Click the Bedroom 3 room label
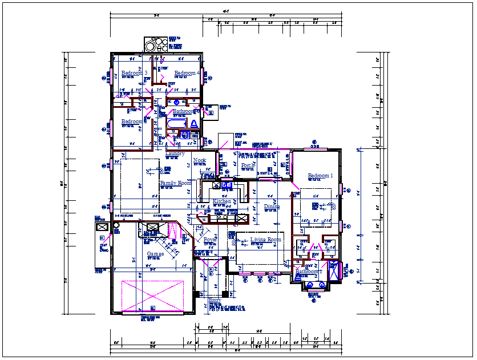tap(135, 73)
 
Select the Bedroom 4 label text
tap(187, 73)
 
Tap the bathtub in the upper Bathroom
tap(177, 123)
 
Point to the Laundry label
tap(175, 153)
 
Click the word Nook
tap(200, 160)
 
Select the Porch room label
tap(248, 165)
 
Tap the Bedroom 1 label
tap(320, 176)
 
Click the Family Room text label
tap(175, 183)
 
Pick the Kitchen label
tap(222, 202)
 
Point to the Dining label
tap(272, 207)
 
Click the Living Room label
tap(265, 240)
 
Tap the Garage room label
tap(155, 254)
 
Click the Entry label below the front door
tap(215, 300)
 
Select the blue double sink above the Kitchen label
tap(227, 185)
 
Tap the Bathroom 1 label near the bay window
tap(309, 272)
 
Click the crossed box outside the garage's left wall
tap(102, 226)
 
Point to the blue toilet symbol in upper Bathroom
tap(193, 123)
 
